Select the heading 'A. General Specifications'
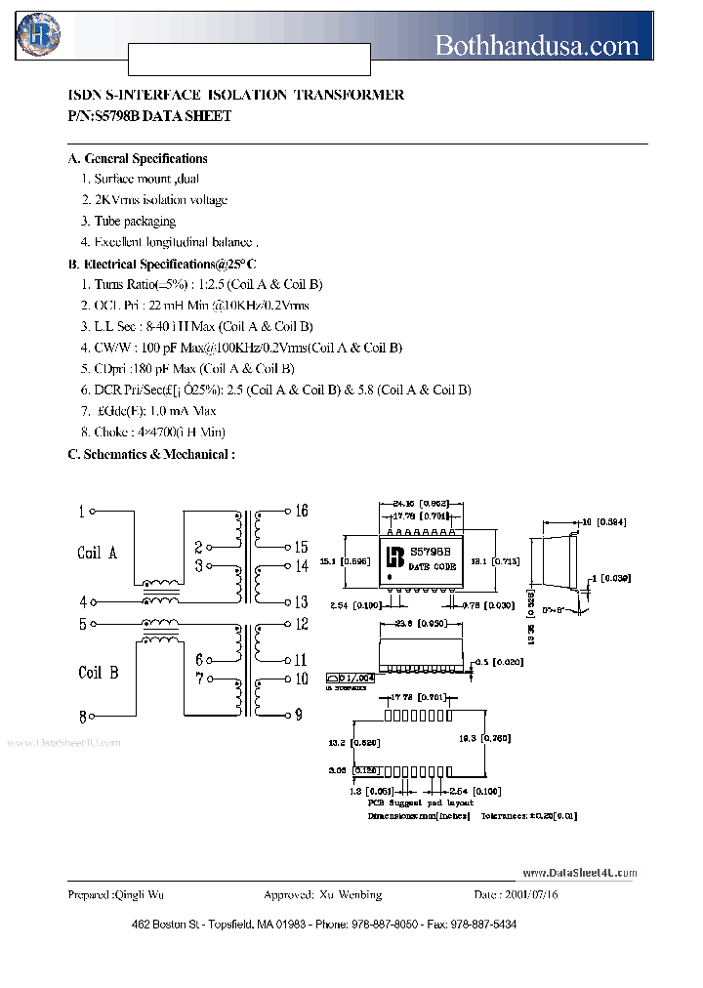point(137,158)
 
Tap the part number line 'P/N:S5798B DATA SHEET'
point(149,116)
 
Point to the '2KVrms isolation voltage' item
point(160,200)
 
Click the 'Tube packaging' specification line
point(134,222)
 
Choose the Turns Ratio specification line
point(207,284)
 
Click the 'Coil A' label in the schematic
point(98,553)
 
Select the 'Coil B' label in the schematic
point(99,673)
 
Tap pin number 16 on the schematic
point(301,511)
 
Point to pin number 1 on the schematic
point(82,511)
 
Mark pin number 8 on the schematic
point(82,715)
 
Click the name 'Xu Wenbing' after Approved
point(351,894)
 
